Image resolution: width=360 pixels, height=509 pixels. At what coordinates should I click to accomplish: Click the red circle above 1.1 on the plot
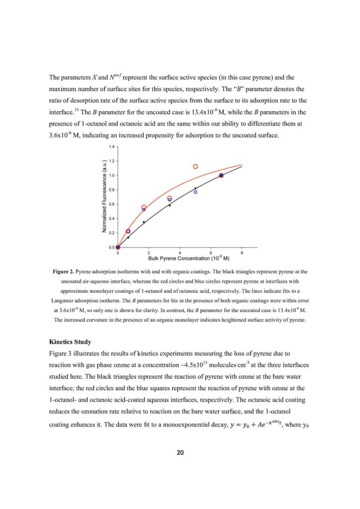[195, 167]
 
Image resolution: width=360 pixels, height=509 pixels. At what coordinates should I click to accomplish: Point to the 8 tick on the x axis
[242, 253]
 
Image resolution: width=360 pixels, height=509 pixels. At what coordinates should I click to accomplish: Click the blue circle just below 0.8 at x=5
[195, 192]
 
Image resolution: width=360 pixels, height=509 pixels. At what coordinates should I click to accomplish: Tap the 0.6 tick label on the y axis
[112, 204]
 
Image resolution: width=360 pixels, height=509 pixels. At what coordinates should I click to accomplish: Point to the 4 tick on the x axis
[180, 253]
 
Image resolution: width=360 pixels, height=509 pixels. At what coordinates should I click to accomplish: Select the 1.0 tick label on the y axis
[112, 175]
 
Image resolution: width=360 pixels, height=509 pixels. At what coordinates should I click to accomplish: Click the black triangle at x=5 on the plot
[195, 188]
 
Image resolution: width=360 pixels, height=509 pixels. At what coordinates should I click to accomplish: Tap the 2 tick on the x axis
[149, 253]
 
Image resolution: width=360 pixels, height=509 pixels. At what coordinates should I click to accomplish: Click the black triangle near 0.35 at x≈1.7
[144, 222]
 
